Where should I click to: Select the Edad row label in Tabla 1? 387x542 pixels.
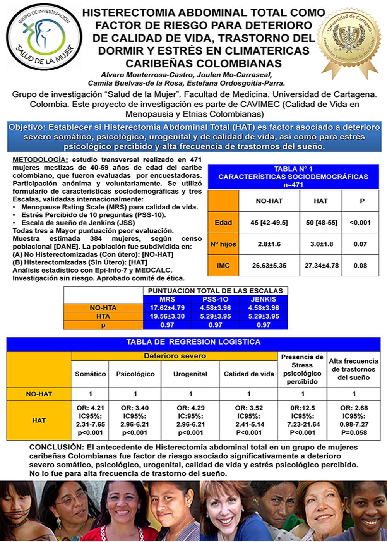click(x=223, y=223)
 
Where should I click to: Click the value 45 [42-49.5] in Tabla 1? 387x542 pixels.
click(x=269, y=223)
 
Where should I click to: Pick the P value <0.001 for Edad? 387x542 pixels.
click(x=360, y=223)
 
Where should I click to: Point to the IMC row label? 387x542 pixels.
click(x=223, y=266)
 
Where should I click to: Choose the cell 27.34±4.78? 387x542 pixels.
click(x=322, y=266)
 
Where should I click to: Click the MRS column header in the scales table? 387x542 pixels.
click(x=167, y=299)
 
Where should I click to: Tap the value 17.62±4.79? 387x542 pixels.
click(x=167, y=308)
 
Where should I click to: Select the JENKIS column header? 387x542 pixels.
click(x=263, y=299)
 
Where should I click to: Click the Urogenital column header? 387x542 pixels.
click(x=190, y=374)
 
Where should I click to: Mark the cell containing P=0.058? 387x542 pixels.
click(x=354, y=432)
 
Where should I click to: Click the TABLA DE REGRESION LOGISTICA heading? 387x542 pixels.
click(x=193, y=342)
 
